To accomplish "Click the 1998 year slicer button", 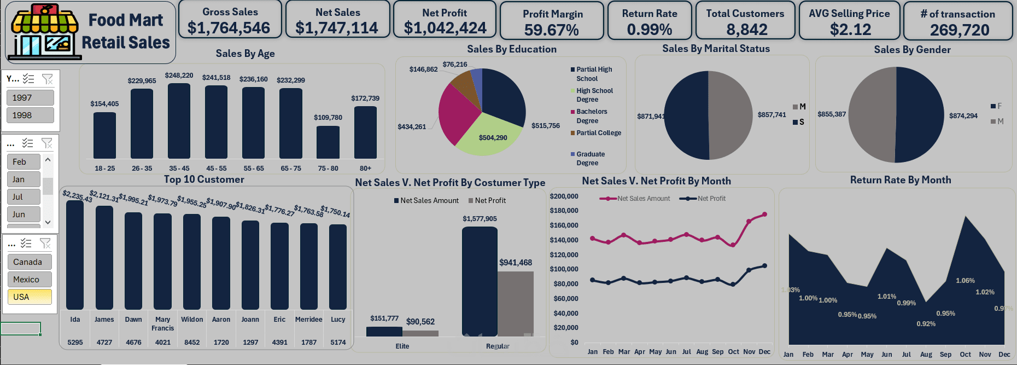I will tap(30, 115).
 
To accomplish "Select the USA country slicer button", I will tap(30, 297).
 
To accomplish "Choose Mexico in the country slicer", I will tap(30, 280).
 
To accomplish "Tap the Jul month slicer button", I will tap(24, 197).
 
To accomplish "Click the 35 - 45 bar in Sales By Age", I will tap(179, 121).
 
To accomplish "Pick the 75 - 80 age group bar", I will tap(328, 142).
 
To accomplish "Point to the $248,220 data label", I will tap(179, 76).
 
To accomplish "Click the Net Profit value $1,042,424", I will tap(445, 28).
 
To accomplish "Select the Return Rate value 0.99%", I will tap(649, 30).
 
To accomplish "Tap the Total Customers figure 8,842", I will tap(746, 30).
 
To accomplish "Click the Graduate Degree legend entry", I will tap(590, 159).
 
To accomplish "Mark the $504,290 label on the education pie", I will tap(493, 138).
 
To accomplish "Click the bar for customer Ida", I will tap(75, 255).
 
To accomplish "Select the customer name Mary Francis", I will tap(163, 323).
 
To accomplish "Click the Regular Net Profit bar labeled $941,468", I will tap(515, 303).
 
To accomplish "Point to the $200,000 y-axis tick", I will tap(564, 196).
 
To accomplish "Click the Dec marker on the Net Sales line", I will tap(764, 215).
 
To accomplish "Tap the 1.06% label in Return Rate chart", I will tap(965, 281).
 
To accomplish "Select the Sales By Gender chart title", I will tap(912, 50).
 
